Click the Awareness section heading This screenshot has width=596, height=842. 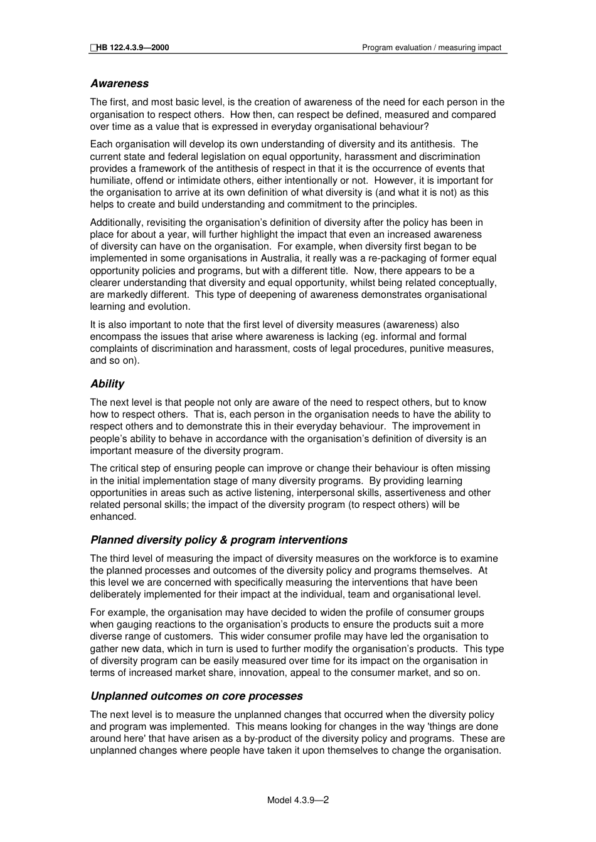coord(119,83)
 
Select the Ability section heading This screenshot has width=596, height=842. coord(107,384)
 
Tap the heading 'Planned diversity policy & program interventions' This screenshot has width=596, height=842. coord(218,540)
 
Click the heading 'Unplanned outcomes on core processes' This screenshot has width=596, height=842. coord(196,696)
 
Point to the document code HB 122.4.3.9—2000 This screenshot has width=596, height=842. coord(132,48)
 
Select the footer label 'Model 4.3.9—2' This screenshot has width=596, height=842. coord(298,800)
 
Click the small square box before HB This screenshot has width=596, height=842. coord(93,48)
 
